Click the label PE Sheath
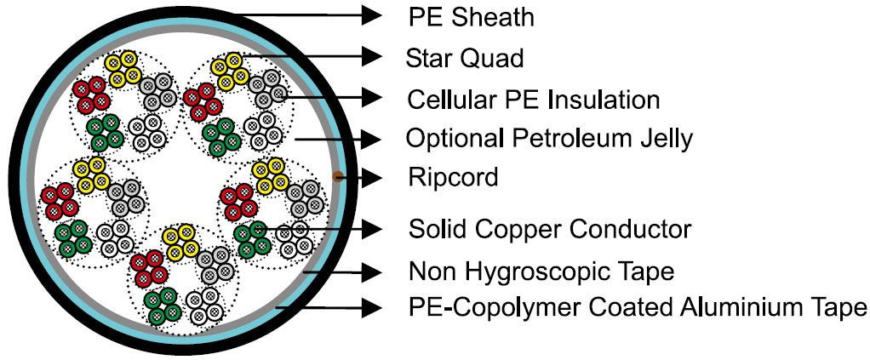tap(471, 17)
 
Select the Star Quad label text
tap(465, 58)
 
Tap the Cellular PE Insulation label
tap(533, 100)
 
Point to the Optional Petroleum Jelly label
tap(550, 139)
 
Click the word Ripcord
tap(453, 178)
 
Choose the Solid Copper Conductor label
tap(550, 229)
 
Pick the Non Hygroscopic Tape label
tap(541, 271)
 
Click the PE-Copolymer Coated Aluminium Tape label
tap(637, 306)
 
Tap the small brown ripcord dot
tap(336, 177)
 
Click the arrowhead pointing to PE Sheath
tap(371, 15)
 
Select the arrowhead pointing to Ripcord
tap(371, 178)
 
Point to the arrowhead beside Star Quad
tap(371, 56)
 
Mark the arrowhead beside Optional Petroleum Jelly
tap(371, 140)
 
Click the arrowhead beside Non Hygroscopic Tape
tap(371, 271)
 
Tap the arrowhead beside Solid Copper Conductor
tap(371, 228)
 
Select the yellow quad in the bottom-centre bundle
tap(181, 241)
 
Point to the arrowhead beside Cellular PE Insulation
tap(371, 98)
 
